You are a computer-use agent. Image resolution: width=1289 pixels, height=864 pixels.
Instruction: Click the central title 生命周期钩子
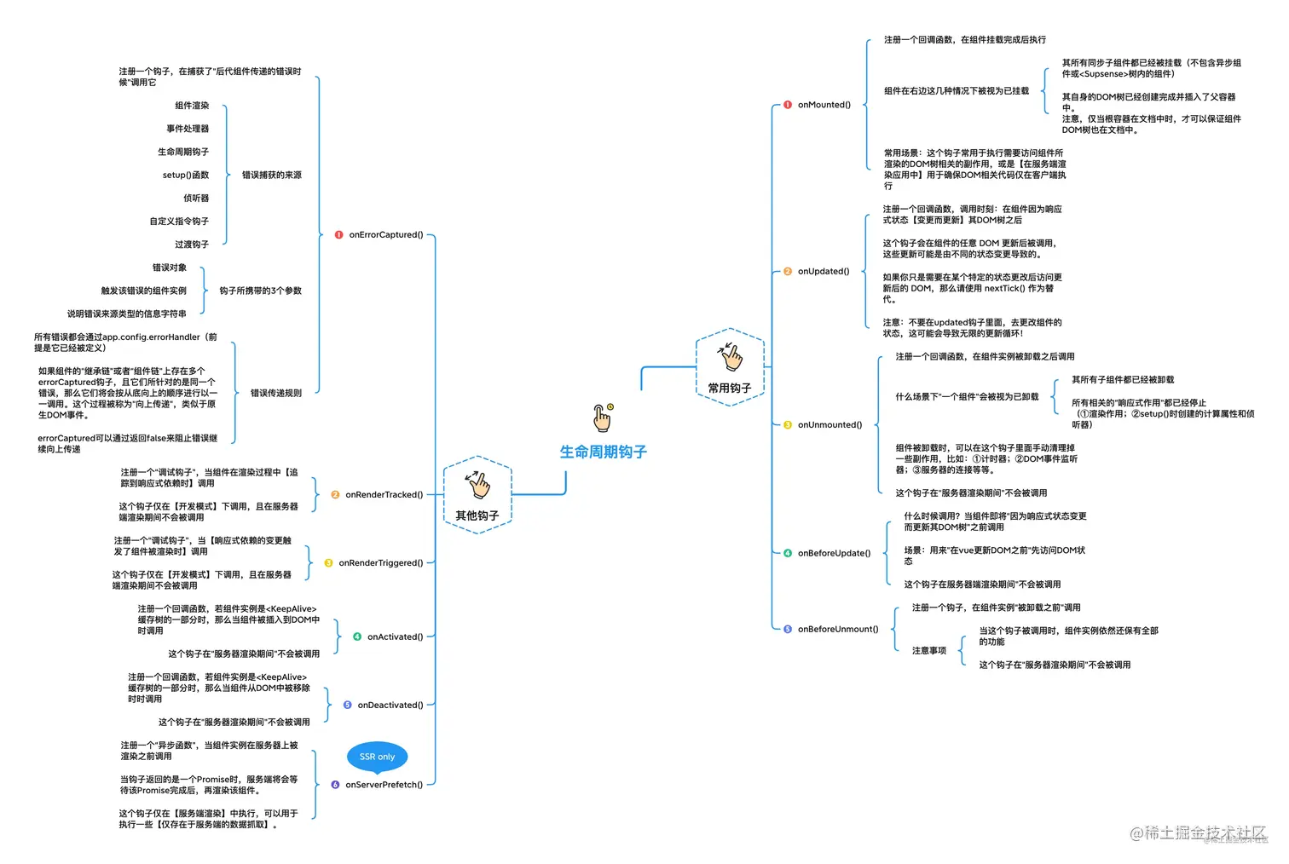[x=603, y=452]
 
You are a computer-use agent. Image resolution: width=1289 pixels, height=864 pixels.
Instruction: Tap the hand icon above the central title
[x=603, y=418]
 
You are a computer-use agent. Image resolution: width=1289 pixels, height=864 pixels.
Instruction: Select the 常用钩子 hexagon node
[x=730, y=367]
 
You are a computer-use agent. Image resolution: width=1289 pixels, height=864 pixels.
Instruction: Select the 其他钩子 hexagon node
[x=477, y=495]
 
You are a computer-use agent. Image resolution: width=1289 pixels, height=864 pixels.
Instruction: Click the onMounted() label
[x=824, y=105]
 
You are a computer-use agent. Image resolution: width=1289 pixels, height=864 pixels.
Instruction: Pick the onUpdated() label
[x=824, y=271]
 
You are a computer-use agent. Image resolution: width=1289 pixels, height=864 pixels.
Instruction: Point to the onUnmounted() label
[x=829, y=424]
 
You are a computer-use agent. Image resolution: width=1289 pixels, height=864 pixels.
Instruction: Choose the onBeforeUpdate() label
[x=834, y=553]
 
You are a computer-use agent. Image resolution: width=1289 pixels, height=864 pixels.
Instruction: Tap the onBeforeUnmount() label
[x=837, y=629]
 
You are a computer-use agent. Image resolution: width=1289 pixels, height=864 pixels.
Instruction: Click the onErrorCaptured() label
[x=385, y=234]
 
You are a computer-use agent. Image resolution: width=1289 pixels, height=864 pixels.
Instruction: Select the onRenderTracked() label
[x=384, y=494]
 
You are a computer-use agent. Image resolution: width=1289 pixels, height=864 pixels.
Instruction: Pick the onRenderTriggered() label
[x=380, y=562]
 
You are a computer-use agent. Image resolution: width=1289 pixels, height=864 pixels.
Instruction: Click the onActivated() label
[x=395, y=636]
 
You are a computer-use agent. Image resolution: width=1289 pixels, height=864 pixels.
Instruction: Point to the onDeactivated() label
[x=390, y=705]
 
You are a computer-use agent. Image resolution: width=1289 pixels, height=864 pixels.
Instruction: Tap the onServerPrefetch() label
[x=384, y=785]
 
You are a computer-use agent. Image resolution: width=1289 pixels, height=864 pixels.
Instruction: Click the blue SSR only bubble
[x=377, y=757]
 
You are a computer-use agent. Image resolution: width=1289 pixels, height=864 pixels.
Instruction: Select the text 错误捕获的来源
[x=271, y=175]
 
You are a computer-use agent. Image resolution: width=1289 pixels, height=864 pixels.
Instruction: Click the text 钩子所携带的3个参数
[x=260, y=291]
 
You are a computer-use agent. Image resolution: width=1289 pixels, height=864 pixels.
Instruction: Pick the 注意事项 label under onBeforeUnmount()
[x=928, y=650]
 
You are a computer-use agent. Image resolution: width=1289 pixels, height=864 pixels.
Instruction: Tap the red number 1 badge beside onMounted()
[x=788, y=105]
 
